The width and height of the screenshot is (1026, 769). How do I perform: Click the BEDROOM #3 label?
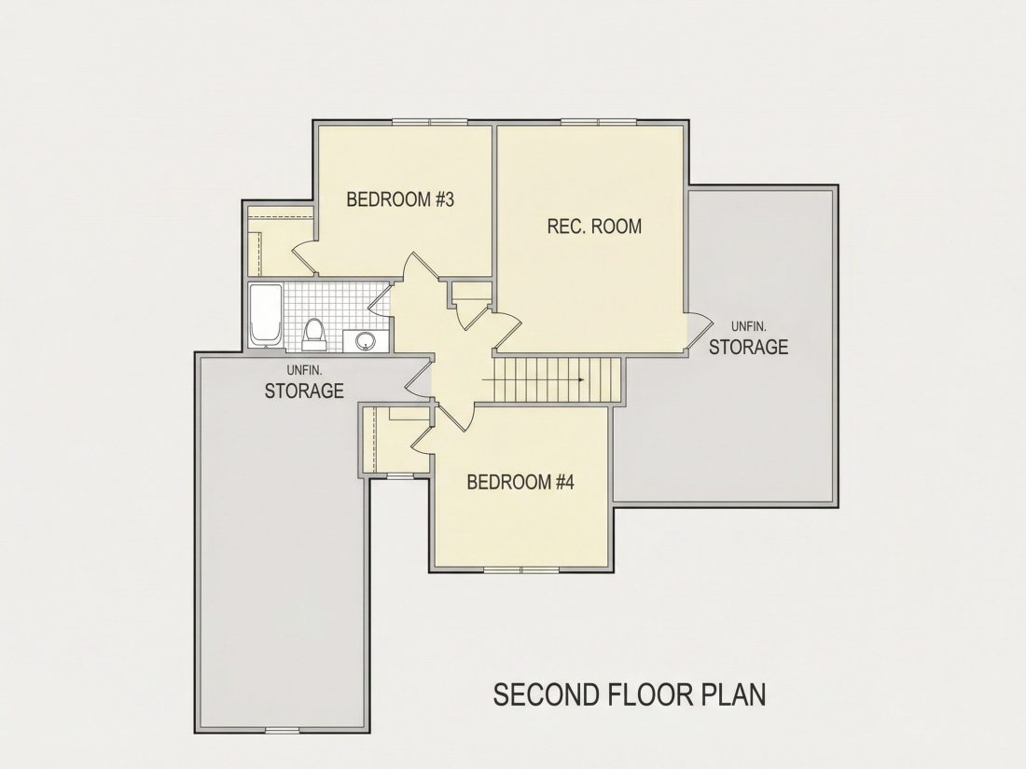pyautogui.click(x=400, y=199)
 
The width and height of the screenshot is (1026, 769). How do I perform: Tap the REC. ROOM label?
pyautogui.click(x=594, y=227)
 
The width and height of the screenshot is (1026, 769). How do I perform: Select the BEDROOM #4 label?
pyautogui.click(x=520, y=483)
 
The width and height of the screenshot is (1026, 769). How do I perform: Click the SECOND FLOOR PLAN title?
pyautogui.click(x=629, y=694)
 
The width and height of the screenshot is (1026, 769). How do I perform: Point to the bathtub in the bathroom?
pyautogui.click(x=265, y=316)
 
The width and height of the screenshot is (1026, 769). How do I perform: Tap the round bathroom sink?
pyautogui.click(x=365, y=340)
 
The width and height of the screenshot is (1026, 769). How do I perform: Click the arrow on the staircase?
pyautogui.click(x=533, y=379)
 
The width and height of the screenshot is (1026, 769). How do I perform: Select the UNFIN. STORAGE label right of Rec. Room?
pyautogui.click(x=749, y=338)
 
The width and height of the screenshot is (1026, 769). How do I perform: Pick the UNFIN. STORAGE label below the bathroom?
pyautogui.click(x=304, y=382)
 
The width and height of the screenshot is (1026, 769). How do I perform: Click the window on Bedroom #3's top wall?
pyautogui.click(x=430, y=121)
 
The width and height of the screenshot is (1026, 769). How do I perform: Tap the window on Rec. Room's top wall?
pyautogui.click(x=599, y=121)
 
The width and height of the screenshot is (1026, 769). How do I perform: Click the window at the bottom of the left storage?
pyautogui.click(x=282, y=730)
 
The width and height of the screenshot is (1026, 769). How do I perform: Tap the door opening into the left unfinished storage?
pyautogui.click(x=419, y=380)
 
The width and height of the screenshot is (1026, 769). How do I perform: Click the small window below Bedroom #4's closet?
pyautogui.click(x=396, y=476)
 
